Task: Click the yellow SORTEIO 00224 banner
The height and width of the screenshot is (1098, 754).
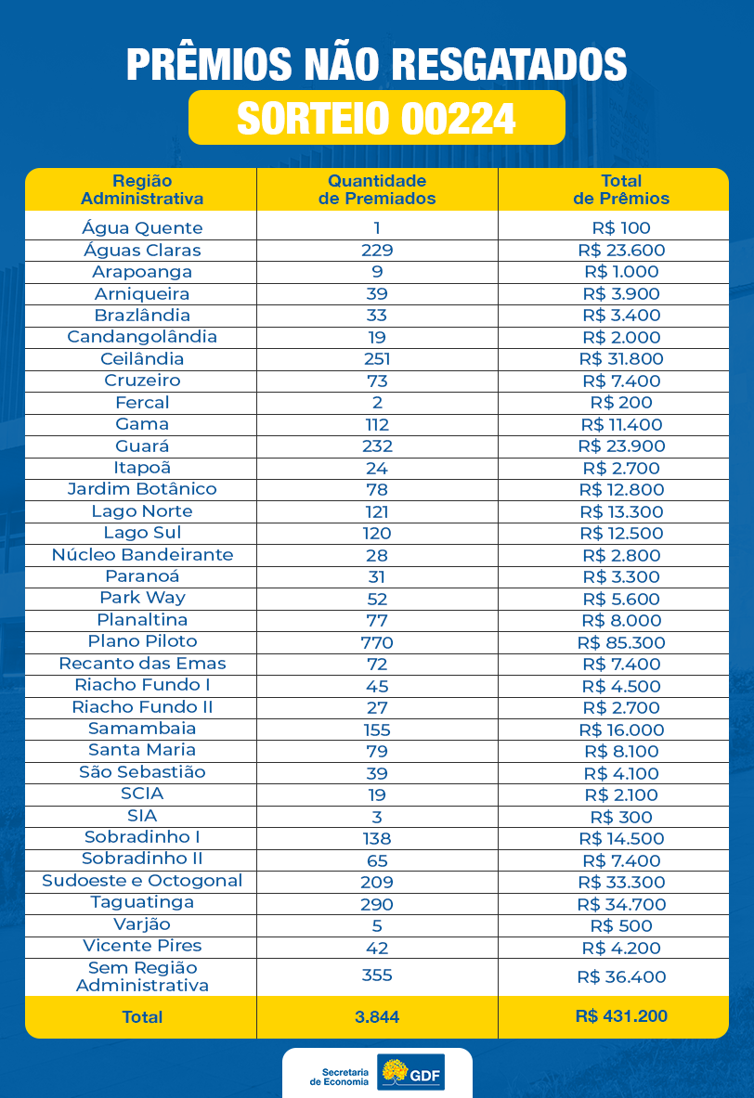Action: pyautogui.click(x=376, y=118)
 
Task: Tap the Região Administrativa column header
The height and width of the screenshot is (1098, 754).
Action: pyautogui.click(x=142, y=189)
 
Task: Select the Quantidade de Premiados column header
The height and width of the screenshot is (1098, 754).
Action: pyautogui.click(x=377, y=189)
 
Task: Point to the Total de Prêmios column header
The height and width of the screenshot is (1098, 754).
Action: pyautogui.click(x=621, y=189)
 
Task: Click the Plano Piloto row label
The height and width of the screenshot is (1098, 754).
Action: pyautogui.click(x=142, y=641)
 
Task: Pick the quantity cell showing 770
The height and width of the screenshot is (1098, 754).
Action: pyautogui.click(x=377, y=642)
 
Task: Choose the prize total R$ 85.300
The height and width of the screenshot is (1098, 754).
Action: pyautogui.click(x=621, y=642)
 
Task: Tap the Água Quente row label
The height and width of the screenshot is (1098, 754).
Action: pyautogui.click(x=142, y=228)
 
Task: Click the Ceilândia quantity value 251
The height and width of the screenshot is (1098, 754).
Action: pyautogui.click(x=377, y=359)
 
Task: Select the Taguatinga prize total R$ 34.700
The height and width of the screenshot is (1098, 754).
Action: pyautogui.click(x=621, y=904)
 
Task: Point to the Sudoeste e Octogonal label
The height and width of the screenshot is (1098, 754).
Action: pyautogui.click(x=142, y=881)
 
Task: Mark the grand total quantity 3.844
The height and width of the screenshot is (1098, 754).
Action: pyautogui.click(x=377, y=1017)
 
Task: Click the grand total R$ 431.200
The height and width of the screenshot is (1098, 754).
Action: pyautogui.click(x=621, y=1016)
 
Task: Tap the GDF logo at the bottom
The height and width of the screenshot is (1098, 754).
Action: pyautogui.click(x=411, y=1074)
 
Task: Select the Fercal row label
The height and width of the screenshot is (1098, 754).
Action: pyautogui.click(x=142, y=403)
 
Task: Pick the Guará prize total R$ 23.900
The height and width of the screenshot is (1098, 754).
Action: pyautogui.click(x=621, y=446)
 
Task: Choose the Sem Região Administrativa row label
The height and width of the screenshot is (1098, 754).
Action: pyautogui.click(x=142, y=976)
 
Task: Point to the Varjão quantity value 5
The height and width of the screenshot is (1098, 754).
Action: pyautogui.click(x=377, y=925)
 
